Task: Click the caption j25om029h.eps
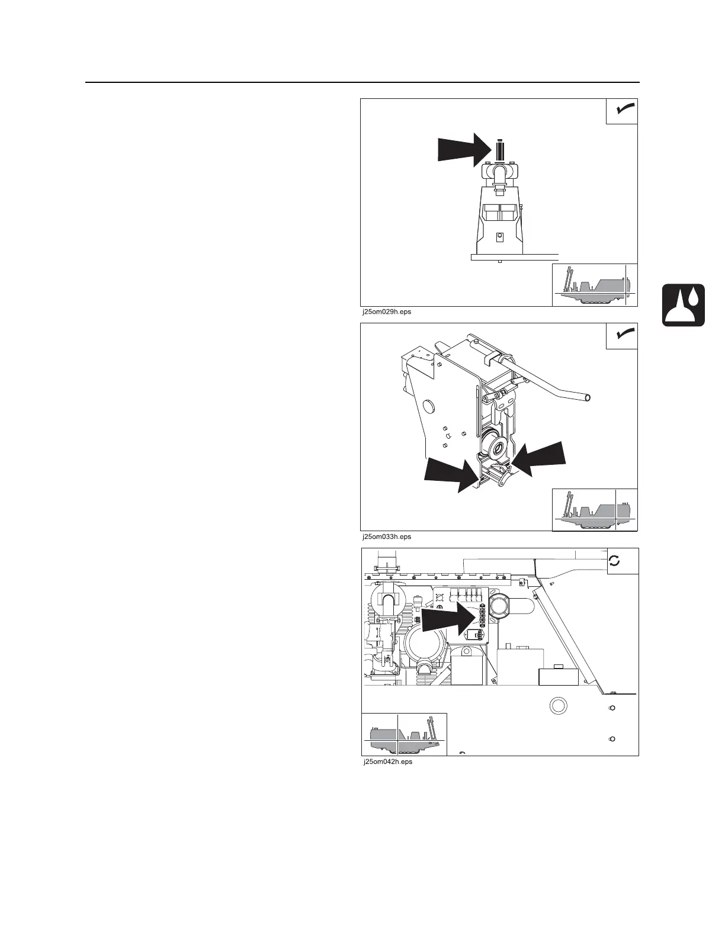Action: click(x=386, y=311)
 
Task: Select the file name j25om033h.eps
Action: click(x=386, y=537)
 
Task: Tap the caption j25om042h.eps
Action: click(x=387, y=762)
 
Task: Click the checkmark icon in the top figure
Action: click(x=622, y=111)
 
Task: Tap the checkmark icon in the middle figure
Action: click(x=622, y=336)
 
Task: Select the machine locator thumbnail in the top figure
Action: click(x=595, y=285)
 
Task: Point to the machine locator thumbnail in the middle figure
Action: click(x=595, y=509)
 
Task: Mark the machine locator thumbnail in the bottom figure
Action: click(x=404, y=734)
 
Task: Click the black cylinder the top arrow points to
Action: click(x=500, y=150)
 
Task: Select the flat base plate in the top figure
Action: click(x=514, y=257)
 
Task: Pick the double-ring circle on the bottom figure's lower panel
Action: click(x=558, y=706)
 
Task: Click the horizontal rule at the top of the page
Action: click(x=362, y=82)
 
